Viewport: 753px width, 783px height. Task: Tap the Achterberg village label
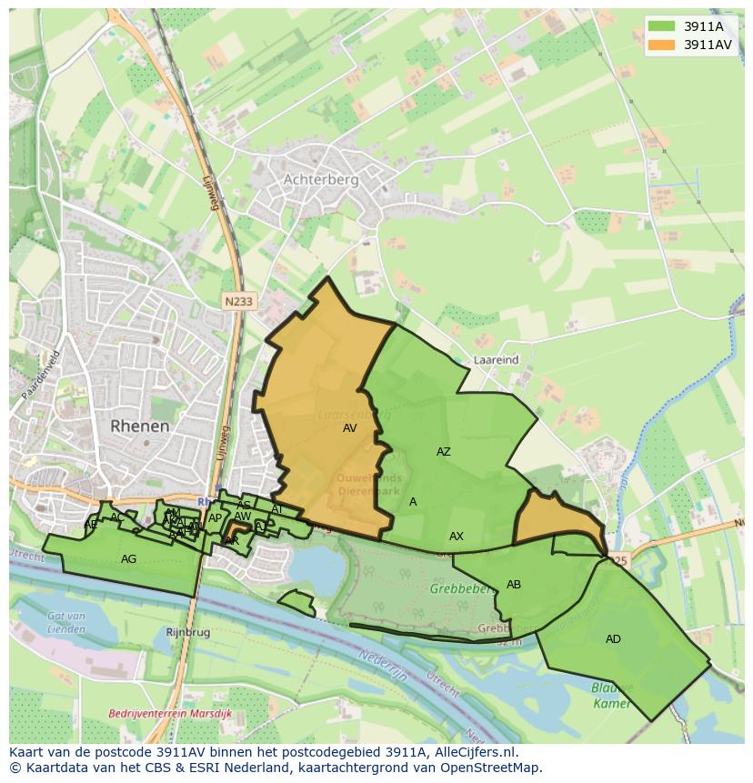pos(321,180)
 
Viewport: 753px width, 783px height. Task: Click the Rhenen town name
pos(140,426)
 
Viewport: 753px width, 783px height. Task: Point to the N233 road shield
pos(239,300)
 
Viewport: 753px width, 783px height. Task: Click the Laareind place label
pos(496,360)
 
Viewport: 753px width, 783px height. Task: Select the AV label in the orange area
pos(350,427)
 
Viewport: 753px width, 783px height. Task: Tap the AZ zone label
pos(443,452)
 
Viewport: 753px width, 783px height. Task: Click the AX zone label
pos(457,537)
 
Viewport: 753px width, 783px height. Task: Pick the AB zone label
pos(514,585)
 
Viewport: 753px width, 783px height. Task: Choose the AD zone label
pos(613,639)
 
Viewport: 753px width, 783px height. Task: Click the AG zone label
pos(128,559)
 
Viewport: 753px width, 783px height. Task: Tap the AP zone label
pos(215,518)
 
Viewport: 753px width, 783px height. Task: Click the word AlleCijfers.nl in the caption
pos(474,752)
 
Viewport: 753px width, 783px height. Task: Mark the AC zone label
pos(116,517)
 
